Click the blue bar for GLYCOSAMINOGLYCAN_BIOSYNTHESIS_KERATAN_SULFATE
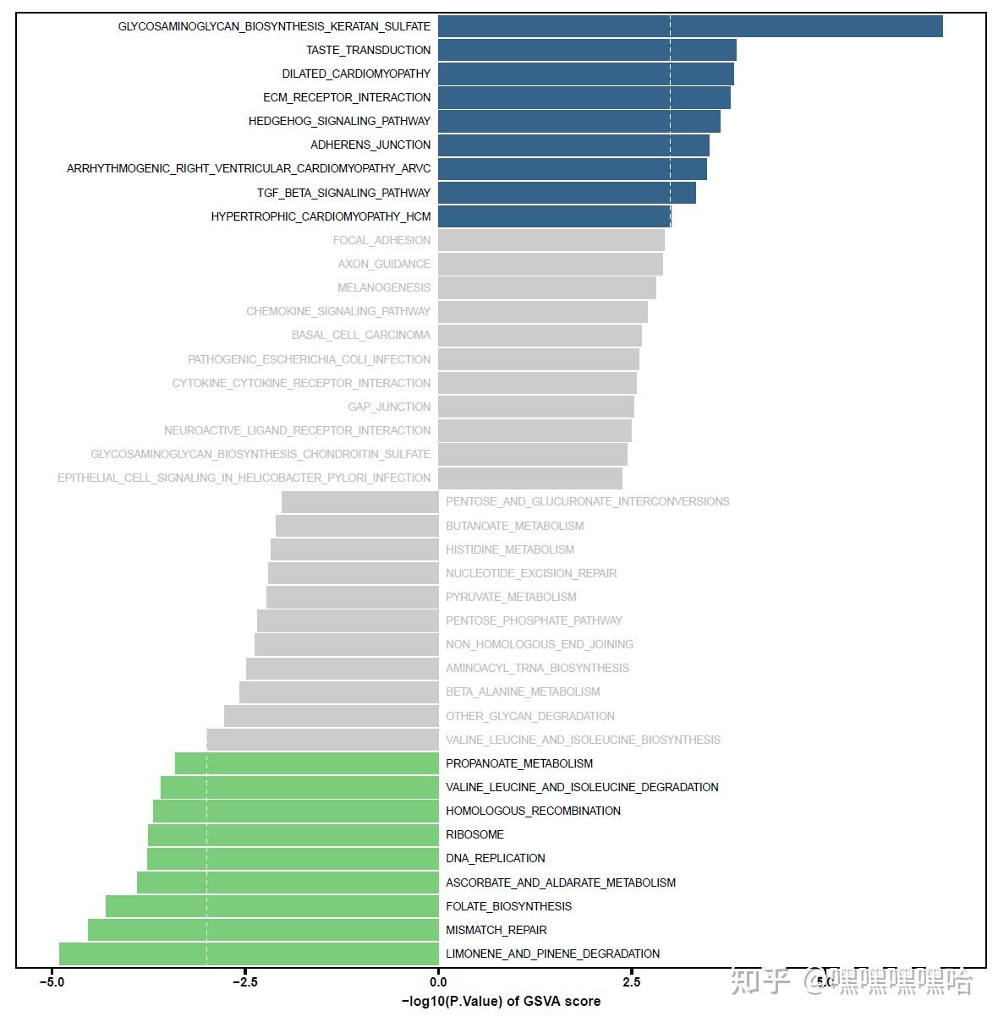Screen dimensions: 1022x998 tap(689, 26)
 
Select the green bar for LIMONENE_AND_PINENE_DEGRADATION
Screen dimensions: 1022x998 tap(249, 954)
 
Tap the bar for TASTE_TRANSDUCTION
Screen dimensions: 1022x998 tap(587, 50)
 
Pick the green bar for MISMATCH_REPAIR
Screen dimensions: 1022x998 tap(263, 930)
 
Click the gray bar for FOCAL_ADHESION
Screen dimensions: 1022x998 tap(551, 240)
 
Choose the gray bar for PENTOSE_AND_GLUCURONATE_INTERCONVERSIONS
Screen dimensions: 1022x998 tap(359, 501)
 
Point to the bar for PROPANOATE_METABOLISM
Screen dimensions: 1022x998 tap(306, 763)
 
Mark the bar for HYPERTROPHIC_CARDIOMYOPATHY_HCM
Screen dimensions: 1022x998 tap(554, 216)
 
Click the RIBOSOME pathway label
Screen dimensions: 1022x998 tap(474, 834)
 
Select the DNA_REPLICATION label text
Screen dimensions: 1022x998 tap(495, 858)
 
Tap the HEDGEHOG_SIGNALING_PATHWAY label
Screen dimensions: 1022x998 tap(339, 121)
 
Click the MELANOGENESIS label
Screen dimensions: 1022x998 tap(384, 287)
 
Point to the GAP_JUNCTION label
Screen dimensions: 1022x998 tap(389, 407)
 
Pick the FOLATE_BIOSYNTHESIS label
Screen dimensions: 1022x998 tap(508, 906)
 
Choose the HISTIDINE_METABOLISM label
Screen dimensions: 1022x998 tap(510, 549)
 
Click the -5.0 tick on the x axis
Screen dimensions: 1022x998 tap(52, 982)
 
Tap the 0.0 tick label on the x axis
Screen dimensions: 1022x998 tap(438, 982)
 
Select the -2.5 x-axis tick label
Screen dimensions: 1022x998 tap(244, 982)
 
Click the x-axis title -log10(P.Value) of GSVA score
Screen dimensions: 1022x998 tap(501, 1002)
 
